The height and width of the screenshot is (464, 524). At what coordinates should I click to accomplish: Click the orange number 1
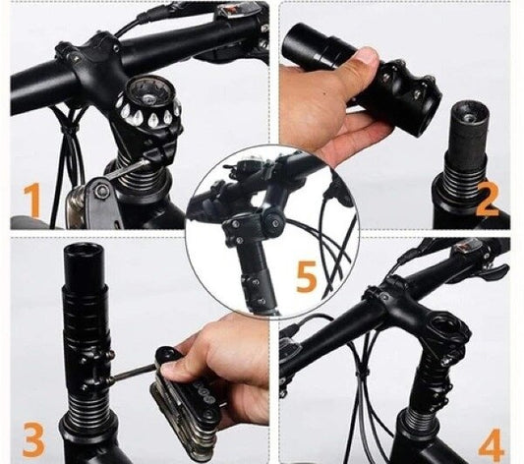tap(32, 200)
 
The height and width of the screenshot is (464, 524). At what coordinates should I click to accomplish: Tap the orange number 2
tap(488, 199)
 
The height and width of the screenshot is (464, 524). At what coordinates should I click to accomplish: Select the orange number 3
tap(33, 438)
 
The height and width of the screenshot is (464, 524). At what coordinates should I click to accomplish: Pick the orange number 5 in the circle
tap(307, 276)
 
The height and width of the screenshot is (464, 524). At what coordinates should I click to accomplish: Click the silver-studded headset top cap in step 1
tap(149, 102)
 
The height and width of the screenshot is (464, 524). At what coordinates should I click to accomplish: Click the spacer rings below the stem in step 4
tap(419, 420)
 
